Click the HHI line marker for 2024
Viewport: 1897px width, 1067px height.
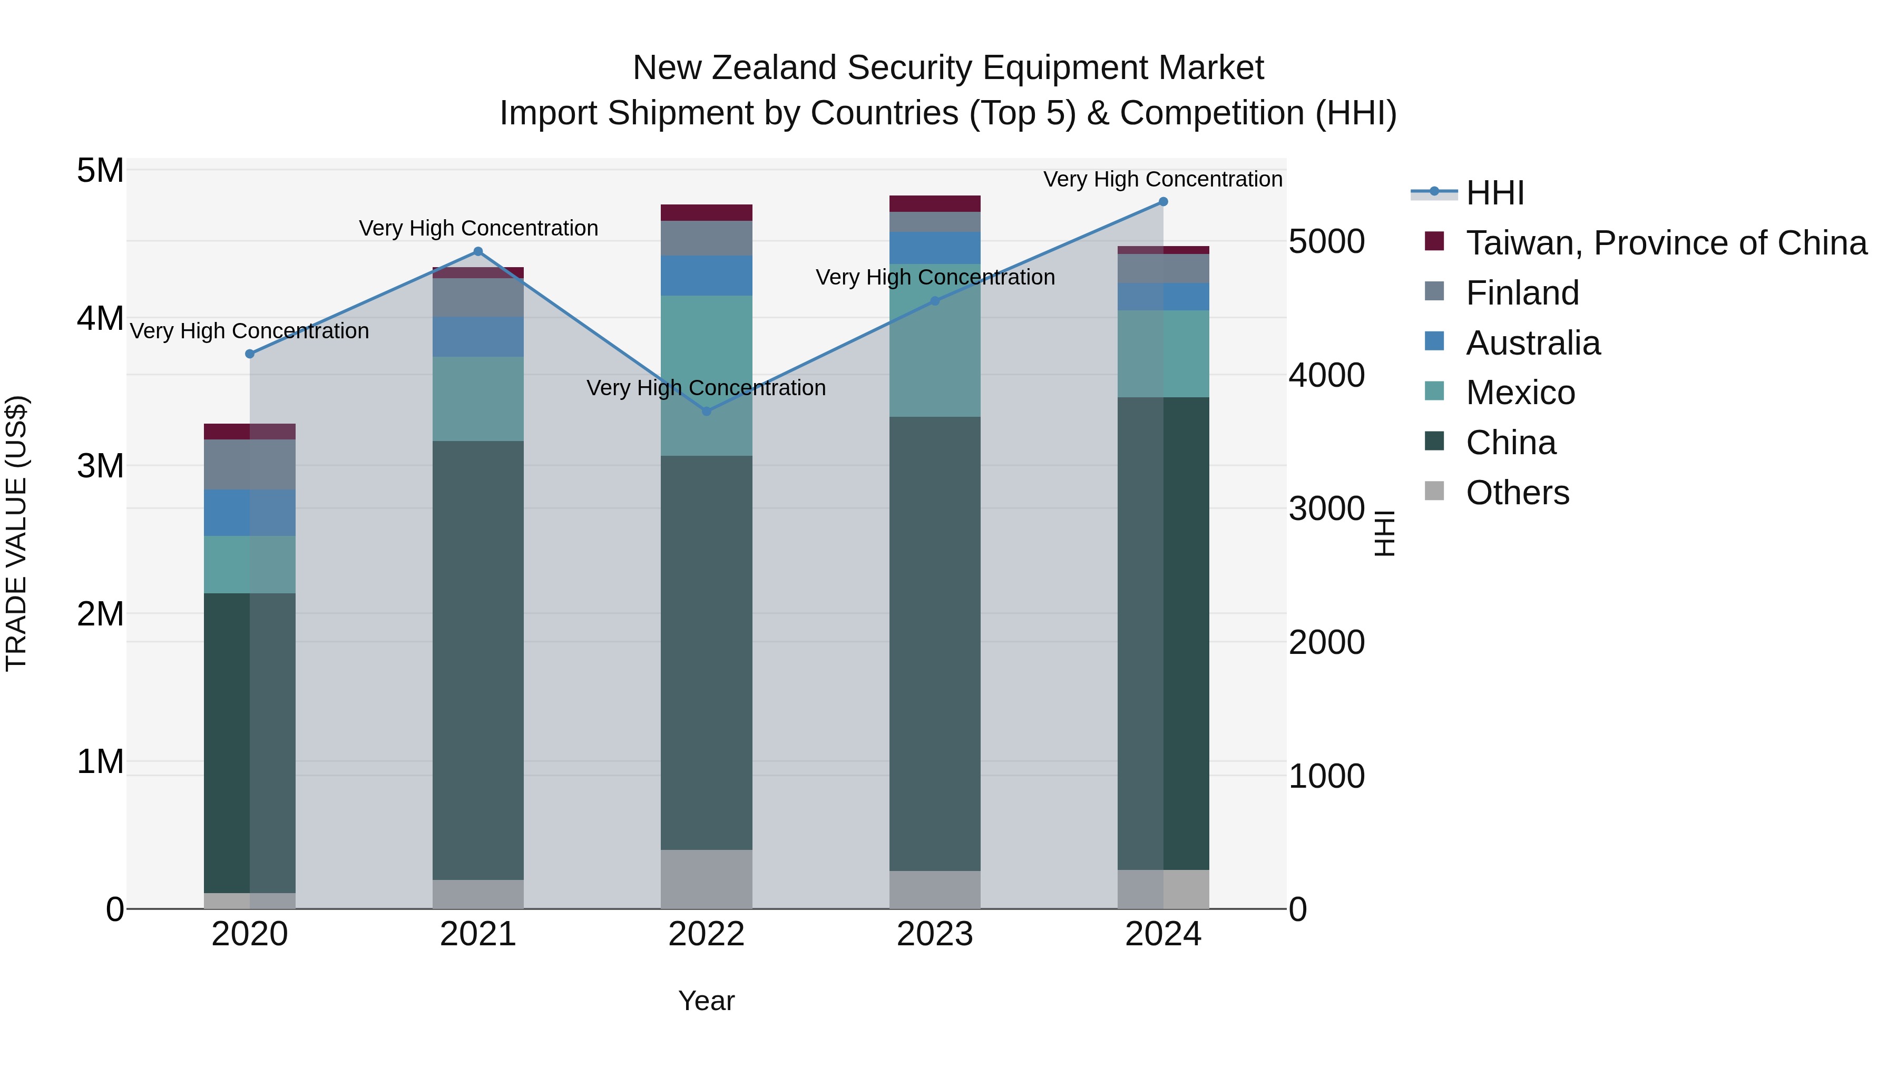[1163, 202]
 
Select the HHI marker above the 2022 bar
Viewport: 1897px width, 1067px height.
[706, 411]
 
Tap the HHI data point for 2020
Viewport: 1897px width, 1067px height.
[250, 354]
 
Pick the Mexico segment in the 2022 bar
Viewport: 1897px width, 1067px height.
[706, 376]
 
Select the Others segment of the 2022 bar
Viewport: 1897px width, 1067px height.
[706, 879]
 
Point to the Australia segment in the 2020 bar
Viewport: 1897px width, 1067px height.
[250, 513]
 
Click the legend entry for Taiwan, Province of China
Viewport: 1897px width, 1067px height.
[1666, 243]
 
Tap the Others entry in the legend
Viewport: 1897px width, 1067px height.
[1517, 493]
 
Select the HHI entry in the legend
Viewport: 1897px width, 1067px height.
[1494, 193]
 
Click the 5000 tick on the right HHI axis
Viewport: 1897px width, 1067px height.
[1326, 241]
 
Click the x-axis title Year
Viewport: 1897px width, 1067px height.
[706, 1001]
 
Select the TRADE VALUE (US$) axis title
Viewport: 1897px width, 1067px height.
[16, 533]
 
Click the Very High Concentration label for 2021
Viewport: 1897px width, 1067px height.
[478, 228]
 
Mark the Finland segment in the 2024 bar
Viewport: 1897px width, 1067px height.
[1163, 269]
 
